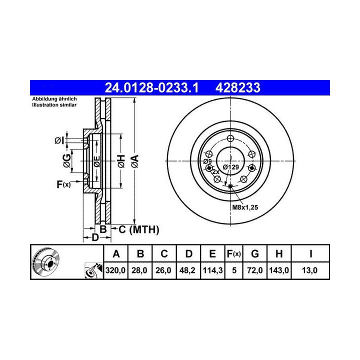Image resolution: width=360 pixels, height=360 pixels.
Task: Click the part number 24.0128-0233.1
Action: click(151, 87)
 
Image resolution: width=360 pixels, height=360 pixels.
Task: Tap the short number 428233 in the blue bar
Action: click(238, 87)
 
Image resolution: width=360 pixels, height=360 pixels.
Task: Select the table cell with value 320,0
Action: click(115, 270)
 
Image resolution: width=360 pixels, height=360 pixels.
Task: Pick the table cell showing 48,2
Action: click(188, 270)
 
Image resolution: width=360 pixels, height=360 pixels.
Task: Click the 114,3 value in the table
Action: click(212, 270)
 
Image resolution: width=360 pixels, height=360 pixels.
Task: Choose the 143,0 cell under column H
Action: click(279, 270)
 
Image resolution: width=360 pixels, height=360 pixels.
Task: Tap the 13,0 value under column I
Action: click(310, 270)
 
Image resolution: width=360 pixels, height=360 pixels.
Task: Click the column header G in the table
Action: click(255, 253)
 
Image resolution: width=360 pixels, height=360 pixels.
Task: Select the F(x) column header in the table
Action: click(233, 253)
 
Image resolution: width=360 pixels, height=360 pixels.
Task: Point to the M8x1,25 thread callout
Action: click(245, 207)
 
